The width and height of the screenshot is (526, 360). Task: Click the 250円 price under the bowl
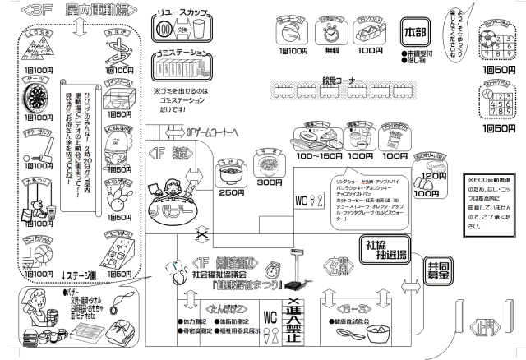(231, 192)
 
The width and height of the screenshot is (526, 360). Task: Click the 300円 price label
(269, 182)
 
